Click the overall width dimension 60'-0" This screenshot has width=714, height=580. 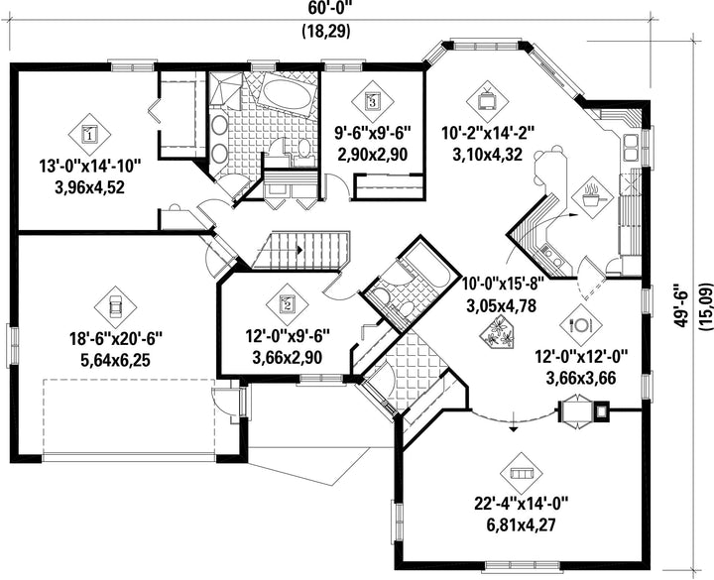point(325,8)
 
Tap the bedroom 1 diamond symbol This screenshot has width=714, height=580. point(89,134)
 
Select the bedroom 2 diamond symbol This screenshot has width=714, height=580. point(288,303)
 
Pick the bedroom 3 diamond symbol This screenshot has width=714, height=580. point(373,101)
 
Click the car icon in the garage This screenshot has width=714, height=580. point(115,306)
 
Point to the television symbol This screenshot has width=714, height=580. point(487,101)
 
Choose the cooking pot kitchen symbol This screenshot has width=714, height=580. point(592,196)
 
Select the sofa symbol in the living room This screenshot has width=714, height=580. point(522,474)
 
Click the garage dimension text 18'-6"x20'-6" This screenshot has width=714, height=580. point(116,339)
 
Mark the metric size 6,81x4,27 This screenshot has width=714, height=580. point(522,525)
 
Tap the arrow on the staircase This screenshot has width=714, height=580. point(298,250)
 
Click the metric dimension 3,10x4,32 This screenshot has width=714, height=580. point(487,155)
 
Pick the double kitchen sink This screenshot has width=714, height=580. point(631,147)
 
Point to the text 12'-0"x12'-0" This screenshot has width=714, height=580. point(581,356)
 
